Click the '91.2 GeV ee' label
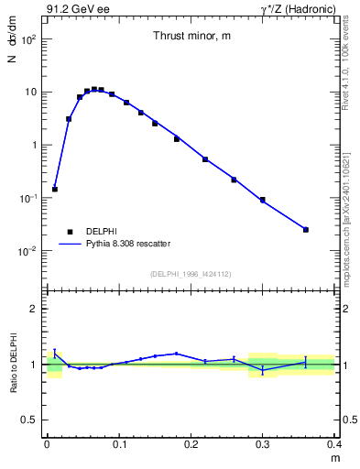[x=72, y=9]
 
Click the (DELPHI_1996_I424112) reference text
[x=191, y=272]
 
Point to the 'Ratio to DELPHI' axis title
[x=14, y=364]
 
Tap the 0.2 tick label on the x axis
[x=191, y=444]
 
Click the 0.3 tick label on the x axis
[x=263, y=444]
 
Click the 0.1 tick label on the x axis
[x=119, y=444]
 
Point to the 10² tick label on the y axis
[x=29, y=39]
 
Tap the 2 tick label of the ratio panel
[x=34, y=309]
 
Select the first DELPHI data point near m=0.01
[x=55, y=189]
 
